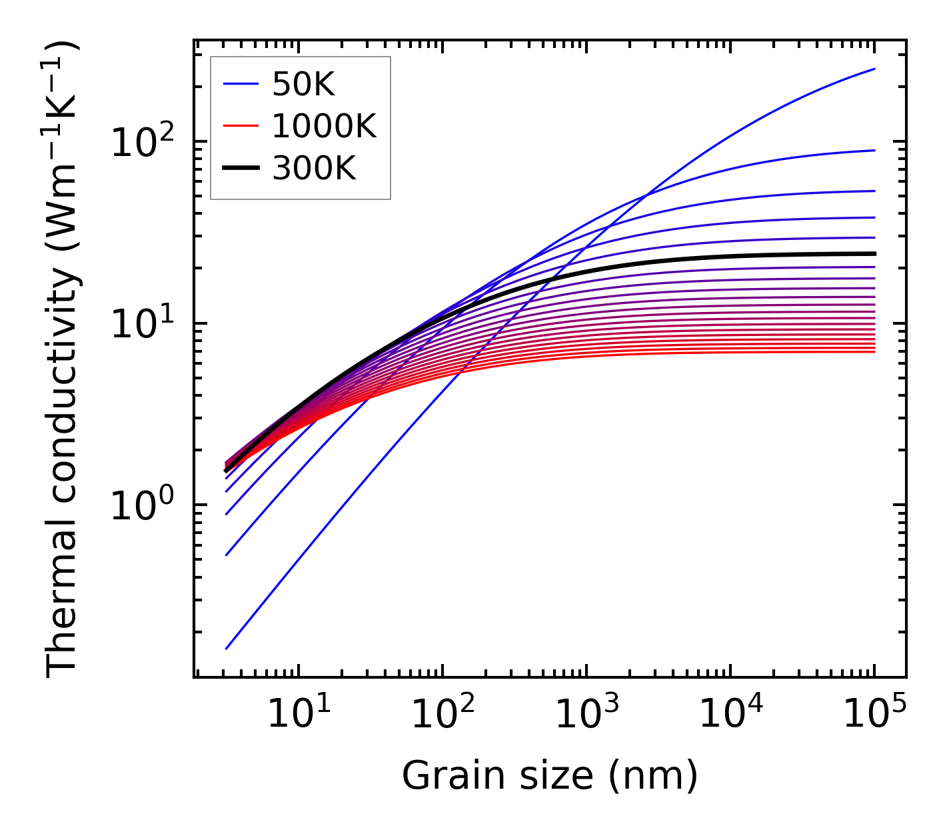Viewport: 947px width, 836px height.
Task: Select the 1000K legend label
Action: (x=324, y=126)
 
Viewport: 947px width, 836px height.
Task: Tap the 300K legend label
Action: (x=314, y=169)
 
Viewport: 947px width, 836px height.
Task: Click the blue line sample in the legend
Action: (x=240, y=84)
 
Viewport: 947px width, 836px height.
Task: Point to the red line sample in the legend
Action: (x=240, y=126)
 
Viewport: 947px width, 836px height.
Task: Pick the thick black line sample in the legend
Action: (x=240, y=169)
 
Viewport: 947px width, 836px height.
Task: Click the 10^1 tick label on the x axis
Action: (x=298, y=715)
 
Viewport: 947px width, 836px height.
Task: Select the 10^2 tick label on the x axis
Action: (x=442, y=715)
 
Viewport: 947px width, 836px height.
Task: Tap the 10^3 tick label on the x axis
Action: (x=586, y=715)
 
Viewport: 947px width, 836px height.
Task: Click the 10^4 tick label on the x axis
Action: (x=730, y=715)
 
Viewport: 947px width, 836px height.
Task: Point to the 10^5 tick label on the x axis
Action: (x=874, y=715)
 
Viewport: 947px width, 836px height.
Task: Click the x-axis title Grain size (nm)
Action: (x=550, y=775)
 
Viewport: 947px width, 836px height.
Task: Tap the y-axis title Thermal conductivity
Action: (x=63, y=359)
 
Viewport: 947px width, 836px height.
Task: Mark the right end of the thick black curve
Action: (x=874, y=253)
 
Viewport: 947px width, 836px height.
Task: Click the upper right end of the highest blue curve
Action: (x=874, y=69)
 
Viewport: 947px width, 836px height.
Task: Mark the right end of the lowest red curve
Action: (x=874, y=351)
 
